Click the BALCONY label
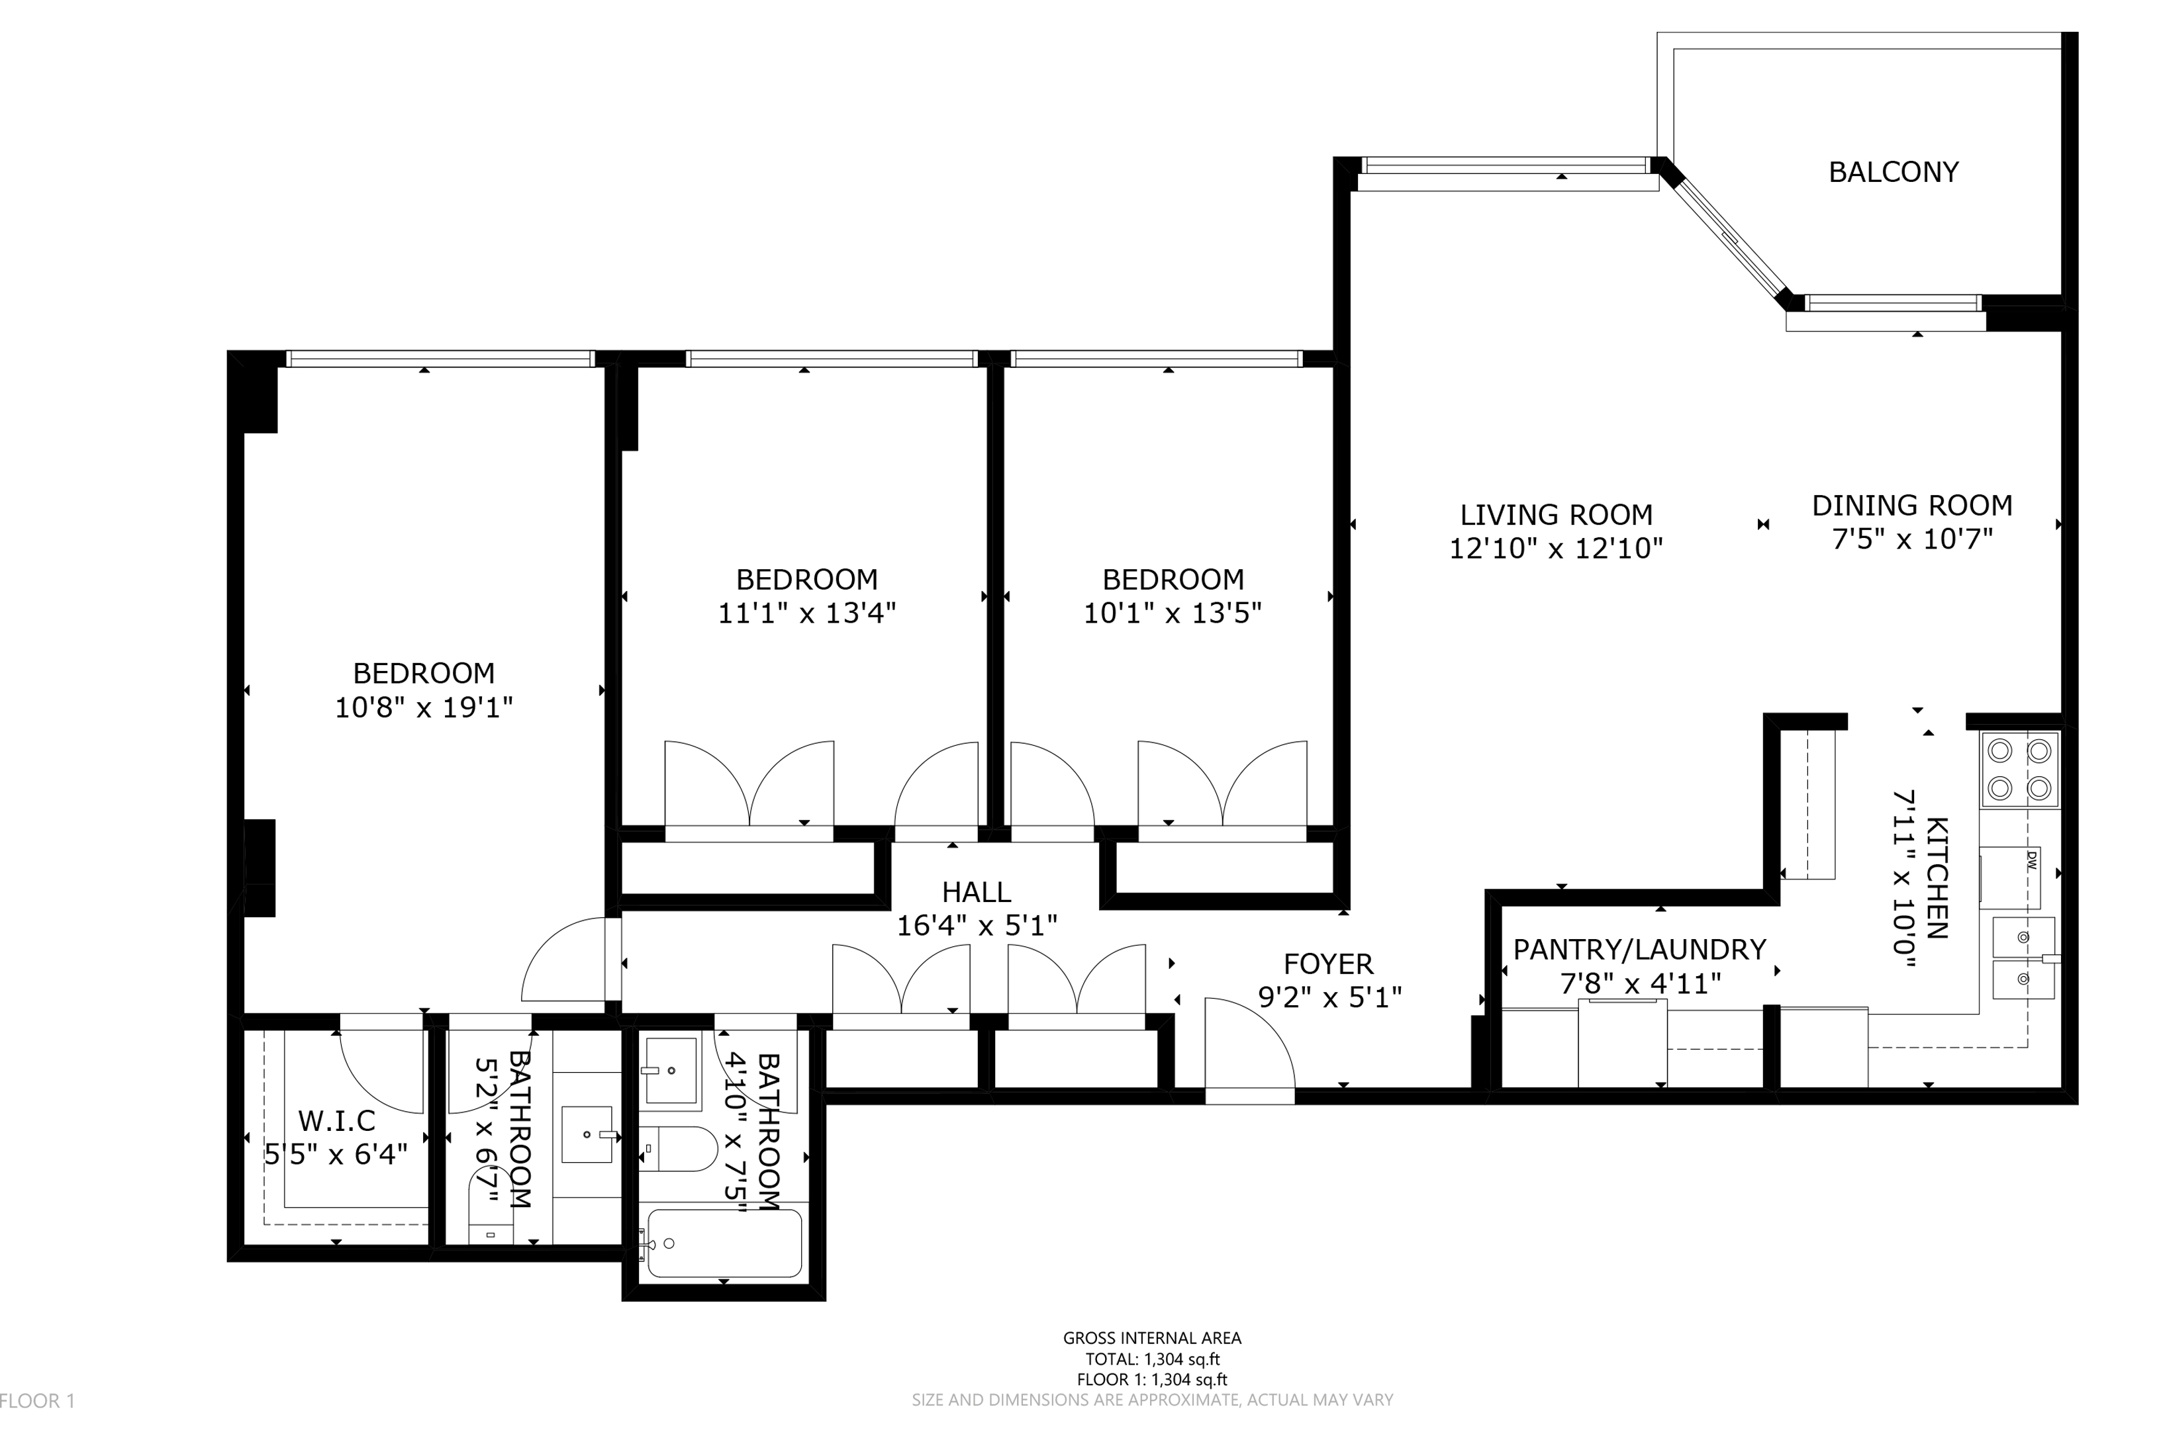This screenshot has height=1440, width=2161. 1893,172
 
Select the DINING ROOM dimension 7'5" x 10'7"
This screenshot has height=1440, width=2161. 1912,538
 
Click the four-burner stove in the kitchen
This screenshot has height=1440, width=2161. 2019,770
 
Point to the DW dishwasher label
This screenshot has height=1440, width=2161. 2031,860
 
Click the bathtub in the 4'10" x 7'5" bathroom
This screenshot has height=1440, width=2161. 724,1243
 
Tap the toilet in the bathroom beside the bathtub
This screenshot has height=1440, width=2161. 678,1149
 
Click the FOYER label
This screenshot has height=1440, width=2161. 1329,964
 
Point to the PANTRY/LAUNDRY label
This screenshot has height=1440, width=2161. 1639,950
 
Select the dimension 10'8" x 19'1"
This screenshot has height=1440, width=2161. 424,707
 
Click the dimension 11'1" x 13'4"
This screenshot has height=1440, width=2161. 806,613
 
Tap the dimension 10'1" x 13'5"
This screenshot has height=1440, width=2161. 1173,613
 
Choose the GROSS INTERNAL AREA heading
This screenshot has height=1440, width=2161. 1152,1338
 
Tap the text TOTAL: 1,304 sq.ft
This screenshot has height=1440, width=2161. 1152,1359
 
